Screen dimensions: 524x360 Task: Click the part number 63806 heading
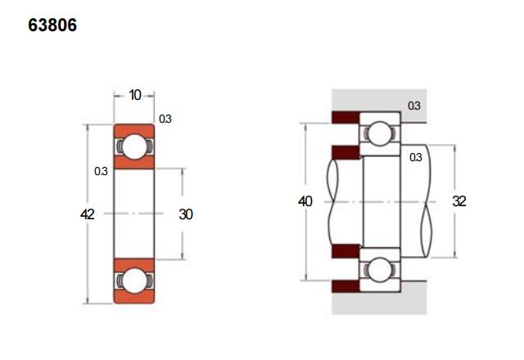click(52, 25)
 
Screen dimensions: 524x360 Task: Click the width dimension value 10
click(135, 95)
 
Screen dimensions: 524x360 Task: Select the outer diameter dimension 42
click(88, 214)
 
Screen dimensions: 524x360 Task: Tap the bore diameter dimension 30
click(186, 214)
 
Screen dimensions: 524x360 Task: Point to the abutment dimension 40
click(305, 201)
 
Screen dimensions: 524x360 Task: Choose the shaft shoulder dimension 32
click(459, 201)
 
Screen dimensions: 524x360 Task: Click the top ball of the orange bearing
click(134, 146)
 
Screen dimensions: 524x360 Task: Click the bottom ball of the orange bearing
click(134, 281)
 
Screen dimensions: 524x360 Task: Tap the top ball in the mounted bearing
click(380, 133)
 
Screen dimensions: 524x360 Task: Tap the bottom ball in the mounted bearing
click(380, 269)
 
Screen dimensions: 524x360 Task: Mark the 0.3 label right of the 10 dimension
click(165, 119)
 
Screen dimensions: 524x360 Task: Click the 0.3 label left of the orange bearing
click(101, 171)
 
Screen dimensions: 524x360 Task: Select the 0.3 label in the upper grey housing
click(414, 106)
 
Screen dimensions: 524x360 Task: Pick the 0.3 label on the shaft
click(416, 157)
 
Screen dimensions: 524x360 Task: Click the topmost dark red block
click(346, 117)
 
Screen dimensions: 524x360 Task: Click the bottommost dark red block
click(346, 286)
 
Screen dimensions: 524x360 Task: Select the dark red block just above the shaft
click(346, 152)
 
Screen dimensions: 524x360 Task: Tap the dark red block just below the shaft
click(346, 251)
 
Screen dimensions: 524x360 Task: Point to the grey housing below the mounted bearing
click(379, 304)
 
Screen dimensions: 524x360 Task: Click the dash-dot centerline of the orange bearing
click(133, 214)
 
